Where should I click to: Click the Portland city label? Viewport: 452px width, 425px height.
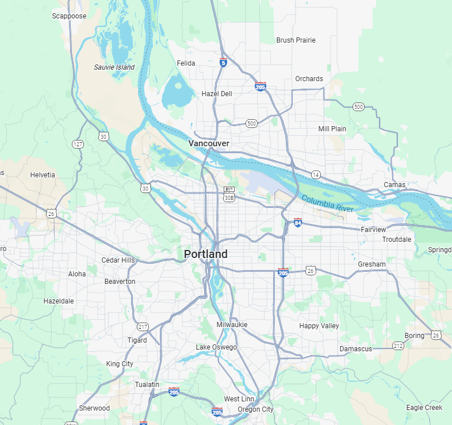(206, 254)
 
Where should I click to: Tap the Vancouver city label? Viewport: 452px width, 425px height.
(209, 143)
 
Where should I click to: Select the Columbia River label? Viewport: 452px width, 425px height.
(327, 204)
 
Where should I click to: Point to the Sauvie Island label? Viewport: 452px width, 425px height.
(114, 67)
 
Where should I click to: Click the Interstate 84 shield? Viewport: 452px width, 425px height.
(297, 222)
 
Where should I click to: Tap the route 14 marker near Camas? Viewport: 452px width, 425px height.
(316, 174)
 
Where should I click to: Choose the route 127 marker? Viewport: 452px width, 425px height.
(78, 143)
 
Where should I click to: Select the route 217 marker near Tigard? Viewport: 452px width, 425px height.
(143, 327)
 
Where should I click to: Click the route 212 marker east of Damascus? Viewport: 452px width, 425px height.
(398, 346)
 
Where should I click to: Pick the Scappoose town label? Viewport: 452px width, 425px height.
(69, 16)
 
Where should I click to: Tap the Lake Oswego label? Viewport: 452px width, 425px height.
(215, 347)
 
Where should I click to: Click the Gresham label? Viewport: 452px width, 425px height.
(371, 264)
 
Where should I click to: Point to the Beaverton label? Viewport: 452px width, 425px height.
(120, 282)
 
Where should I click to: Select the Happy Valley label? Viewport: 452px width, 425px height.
(319, 326)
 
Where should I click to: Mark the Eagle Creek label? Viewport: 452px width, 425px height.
(424, 408)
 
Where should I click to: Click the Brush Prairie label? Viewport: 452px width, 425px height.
(296, 40)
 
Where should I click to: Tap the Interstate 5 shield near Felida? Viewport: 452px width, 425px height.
(223, 62)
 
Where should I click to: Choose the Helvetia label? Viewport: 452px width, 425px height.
(43, 175)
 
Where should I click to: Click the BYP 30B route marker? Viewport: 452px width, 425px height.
(229, 193)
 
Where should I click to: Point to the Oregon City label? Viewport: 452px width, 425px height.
(256, 409)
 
